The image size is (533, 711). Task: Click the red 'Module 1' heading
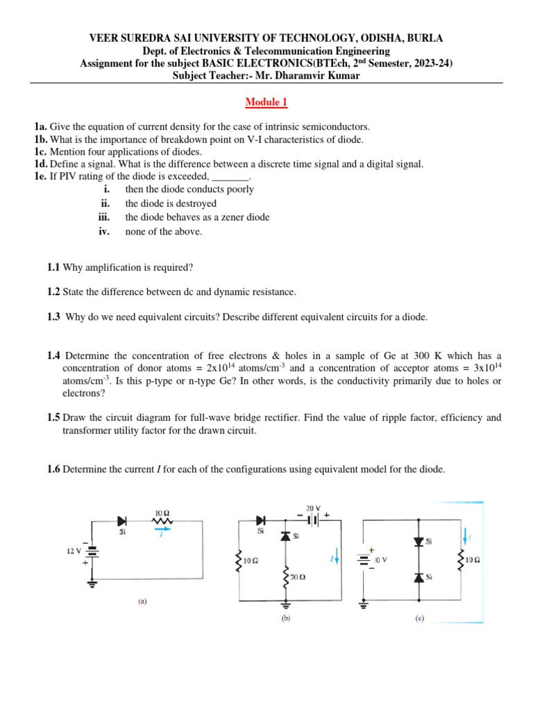point(266,103)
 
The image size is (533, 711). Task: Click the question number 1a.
point(41,126)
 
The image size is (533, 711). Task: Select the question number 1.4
point(54,355)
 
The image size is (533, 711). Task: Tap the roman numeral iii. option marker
point(105,217)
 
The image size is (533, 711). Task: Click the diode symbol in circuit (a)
point(124,520)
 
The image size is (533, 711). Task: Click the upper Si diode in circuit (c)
point(418,542)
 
